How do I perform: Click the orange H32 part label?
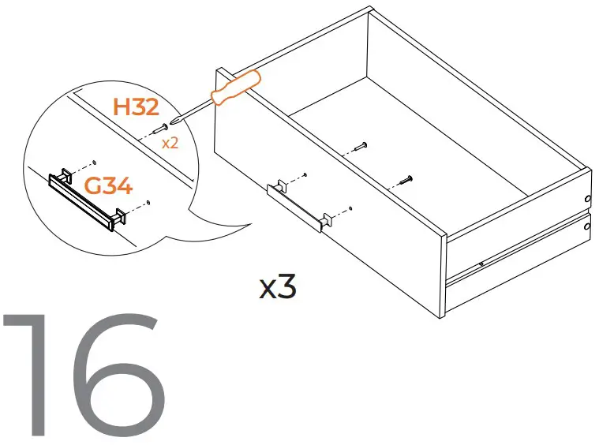137,107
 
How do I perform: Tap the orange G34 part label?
108,187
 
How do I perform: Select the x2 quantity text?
170,144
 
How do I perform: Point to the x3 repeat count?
278,288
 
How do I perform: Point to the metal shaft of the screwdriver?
194,110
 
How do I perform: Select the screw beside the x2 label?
160,129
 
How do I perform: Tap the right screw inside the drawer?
404,180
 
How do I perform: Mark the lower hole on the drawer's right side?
587,227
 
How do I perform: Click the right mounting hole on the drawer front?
350,208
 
